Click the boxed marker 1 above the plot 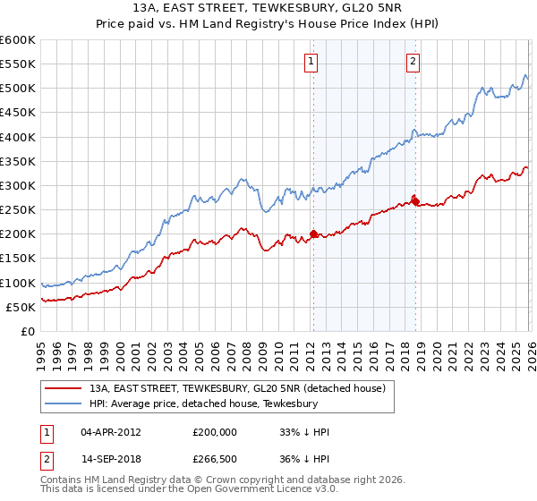[x=311, y=62]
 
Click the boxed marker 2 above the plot [x=413, y=62]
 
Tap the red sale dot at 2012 [x=313, y=234]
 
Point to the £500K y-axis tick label [x=18, y=89]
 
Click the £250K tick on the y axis [x=18, y=210]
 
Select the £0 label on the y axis [x=28, y=332]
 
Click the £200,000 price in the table [x=215, y=431]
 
